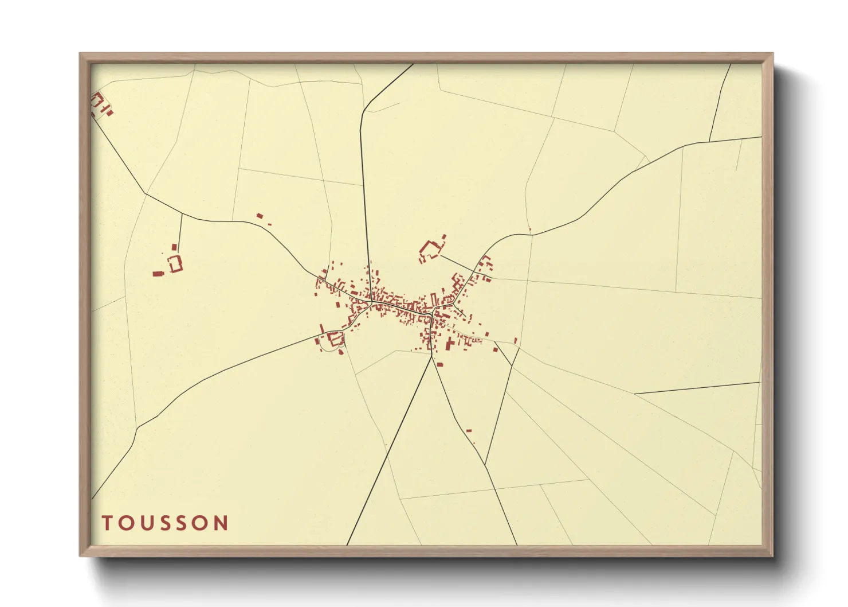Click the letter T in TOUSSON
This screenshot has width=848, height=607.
click(107, 523)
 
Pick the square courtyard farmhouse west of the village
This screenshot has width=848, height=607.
click(175, 264)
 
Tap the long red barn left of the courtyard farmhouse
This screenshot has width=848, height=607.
click(158, 274)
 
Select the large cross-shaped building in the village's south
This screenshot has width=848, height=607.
click(450, 344)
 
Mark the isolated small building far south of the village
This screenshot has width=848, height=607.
click(469, 430)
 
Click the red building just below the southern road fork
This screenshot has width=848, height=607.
click(440, 364)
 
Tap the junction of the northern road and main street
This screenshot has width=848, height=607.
click(371, 301)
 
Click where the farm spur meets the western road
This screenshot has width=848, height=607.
click(182, 214)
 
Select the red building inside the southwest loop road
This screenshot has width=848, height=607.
click(335, 339)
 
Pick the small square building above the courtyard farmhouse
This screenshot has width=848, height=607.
click(174, 247)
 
